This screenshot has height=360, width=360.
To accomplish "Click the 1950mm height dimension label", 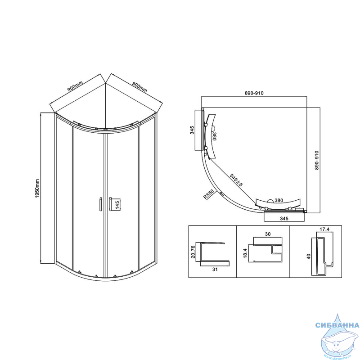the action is click(x=37, y=189).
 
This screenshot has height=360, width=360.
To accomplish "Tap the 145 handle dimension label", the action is click(x=117, y=205).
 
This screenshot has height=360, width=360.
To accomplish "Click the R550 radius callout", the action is click(x=208, y=194).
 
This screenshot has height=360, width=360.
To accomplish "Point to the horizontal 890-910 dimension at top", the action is click(x=254, y=93).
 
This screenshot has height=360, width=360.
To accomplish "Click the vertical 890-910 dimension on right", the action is click(x=317, y=160).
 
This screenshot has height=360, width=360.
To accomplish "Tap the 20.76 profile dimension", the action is click(x=193, y=252).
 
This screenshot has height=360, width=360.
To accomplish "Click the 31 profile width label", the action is click(x=215, y=269).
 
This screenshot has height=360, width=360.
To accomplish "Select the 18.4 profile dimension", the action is click(x=245, y=253).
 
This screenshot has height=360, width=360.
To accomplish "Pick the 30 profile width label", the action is click(x=268, y=234).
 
